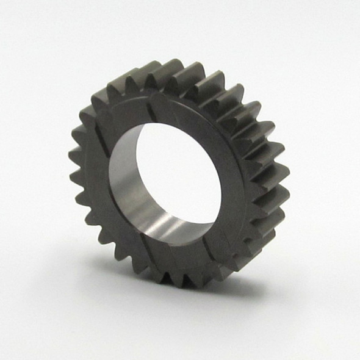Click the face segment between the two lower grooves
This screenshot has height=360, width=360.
[x=180, y=259]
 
